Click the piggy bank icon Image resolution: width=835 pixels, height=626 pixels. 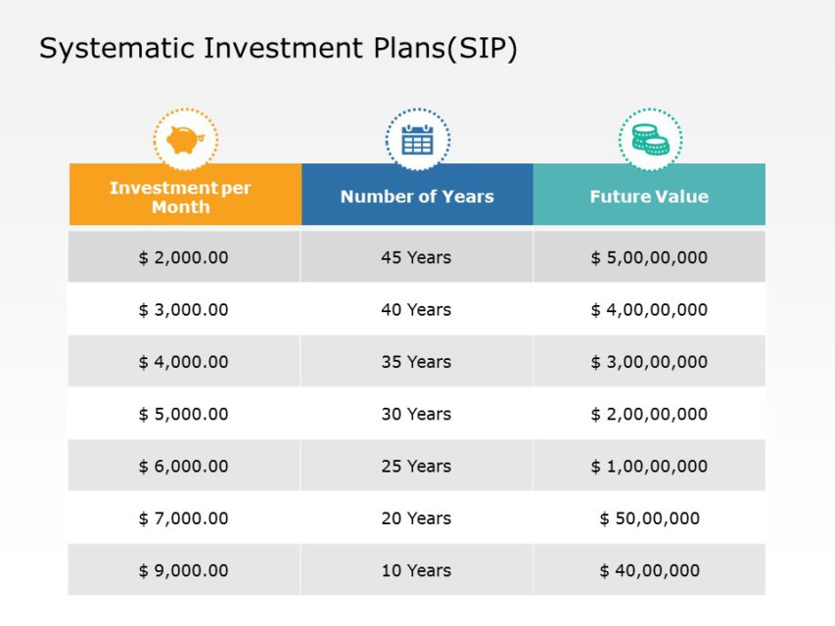[x=185, y=140]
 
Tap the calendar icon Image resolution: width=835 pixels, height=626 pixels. [x=417, y=140]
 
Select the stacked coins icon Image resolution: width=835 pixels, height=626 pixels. [x=650, y=140]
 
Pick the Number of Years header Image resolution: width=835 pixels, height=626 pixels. [x=417, y=197]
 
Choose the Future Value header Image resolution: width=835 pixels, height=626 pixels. [x=649, y=197]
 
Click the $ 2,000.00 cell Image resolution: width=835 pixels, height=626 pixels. [x=183, y=257]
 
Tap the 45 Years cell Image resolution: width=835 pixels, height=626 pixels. [x=416, y=257]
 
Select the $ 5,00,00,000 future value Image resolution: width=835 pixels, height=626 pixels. [x=649, y=257]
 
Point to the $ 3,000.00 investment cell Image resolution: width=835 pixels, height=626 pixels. [x=183, y=310]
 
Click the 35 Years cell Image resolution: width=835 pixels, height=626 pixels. [x=416, y=362]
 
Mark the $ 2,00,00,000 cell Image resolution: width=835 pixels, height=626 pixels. [x=649, y=414]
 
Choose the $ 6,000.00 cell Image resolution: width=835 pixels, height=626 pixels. [x=183, y=467]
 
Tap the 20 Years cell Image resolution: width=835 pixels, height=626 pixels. [x=416, y=518]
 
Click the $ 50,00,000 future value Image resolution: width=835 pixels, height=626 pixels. [x=649, y=518]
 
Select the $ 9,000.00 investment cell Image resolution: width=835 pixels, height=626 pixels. [x=183, y=570]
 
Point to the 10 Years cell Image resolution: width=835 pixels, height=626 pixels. [x=416, y=570]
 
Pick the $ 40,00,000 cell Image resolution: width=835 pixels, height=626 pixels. [x=649, y=570]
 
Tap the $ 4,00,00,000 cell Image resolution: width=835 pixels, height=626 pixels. [x=649, y=310]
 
